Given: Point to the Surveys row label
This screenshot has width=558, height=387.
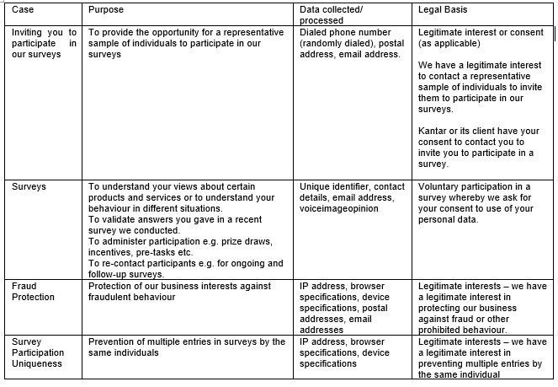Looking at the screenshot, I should click(29, 186).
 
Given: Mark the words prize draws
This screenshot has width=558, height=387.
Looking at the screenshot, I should click(232, 240).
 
